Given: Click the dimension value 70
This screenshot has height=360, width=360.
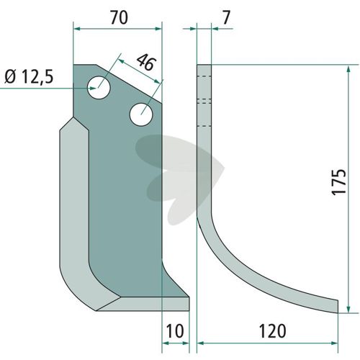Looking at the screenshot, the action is pyautogui.click(x=119, y=17).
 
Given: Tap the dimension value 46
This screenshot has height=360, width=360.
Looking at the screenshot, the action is pyautogui.click(x=146, y=62).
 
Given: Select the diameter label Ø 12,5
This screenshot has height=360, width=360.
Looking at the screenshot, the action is pyautogui.click(x=29, y=77).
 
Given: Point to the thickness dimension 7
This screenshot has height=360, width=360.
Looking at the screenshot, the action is pyautogui.click(x=226, y=17).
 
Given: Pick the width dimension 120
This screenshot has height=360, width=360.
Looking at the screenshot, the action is pyautogui.click(x=272, y=331).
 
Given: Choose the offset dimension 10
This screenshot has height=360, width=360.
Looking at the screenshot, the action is pyautogui.click(x=175, y=331).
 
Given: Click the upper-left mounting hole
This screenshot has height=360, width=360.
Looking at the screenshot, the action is pyautogui.click(x=99, y=88).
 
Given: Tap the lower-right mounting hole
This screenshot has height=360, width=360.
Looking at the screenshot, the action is pyautogui.click(x=141, y=114).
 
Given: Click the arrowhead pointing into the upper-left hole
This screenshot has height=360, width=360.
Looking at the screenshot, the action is pyautogui.click(x=93, y=89).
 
